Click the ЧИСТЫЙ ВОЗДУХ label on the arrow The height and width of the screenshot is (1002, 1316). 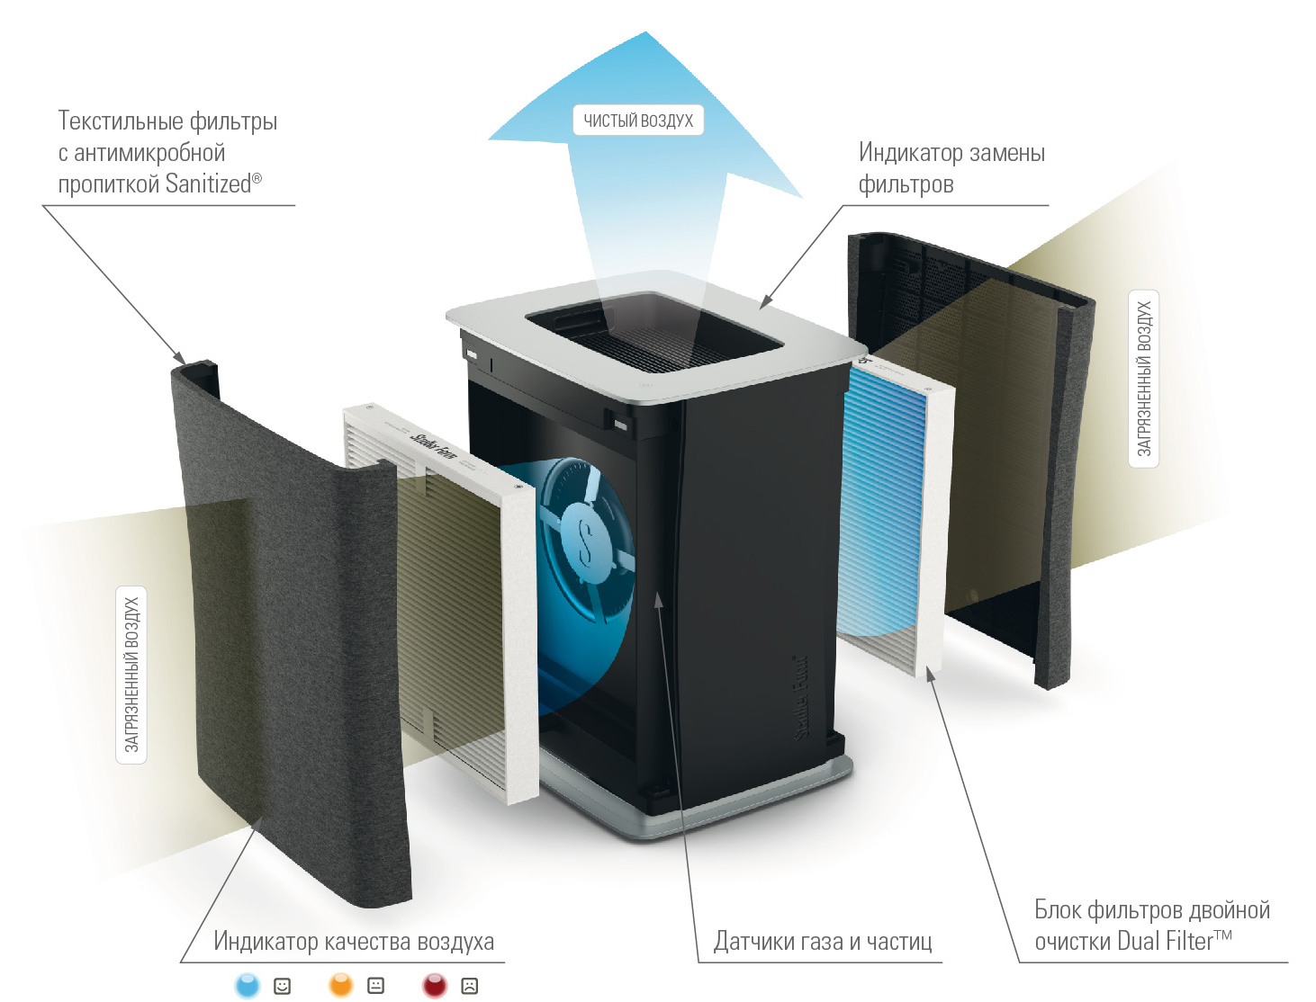click(638, 121)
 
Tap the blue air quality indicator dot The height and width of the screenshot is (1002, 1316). click(247, 985)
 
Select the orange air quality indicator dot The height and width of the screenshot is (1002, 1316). click(341, 985)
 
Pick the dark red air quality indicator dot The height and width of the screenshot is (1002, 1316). click(435, 985)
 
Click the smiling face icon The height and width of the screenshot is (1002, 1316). click(283, 986)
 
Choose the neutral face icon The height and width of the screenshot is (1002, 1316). click(376, 986)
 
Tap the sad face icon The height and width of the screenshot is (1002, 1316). click(469, 986)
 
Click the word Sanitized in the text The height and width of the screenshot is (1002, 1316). click(208, 184)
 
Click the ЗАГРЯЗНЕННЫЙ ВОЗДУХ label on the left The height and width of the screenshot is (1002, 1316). click(131, 675)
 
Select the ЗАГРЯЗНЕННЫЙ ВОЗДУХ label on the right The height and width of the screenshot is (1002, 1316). click(1143, 379)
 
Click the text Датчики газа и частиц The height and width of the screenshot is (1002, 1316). click(823, 942)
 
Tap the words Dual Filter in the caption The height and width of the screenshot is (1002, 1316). click(1165, 942)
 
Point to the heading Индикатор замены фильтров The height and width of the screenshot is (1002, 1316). click(951, 168)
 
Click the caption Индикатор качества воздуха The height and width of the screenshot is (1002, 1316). click(354, 942)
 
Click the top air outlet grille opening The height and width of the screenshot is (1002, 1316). click(653, 333)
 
